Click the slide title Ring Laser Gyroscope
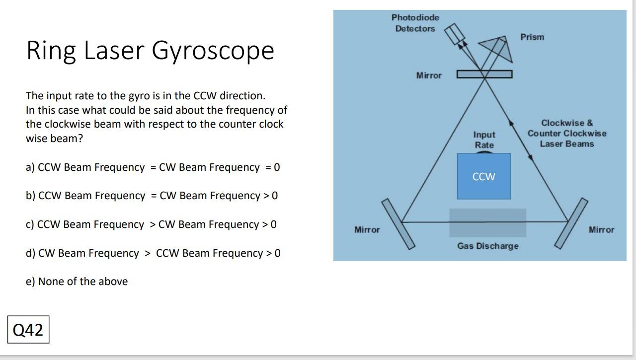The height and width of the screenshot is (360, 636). pos(150,50)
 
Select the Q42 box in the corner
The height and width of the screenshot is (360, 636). pos(28,329)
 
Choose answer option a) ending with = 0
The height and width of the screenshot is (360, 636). pos(153,167)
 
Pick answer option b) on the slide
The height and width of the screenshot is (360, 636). pos(152,196)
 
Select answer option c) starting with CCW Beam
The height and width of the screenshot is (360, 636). pos(151,224)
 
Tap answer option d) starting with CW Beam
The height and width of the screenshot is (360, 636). pos(153,253)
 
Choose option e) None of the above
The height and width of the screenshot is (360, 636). pos(77,282)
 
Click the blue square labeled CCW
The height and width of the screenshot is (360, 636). pos(483,177)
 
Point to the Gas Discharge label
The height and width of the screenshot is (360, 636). pos(487,246)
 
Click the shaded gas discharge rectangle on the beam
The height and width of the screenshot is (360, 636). pos(487,223)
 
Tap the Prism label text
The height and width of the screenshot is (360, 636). pos(532,37)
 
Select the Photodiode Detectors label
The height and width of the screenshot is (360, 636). pos(415,23)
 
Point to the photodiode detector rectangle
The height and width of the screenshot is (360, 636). pos(454,34)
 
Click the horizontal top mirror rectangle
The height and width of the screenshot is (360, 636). pos(484,74)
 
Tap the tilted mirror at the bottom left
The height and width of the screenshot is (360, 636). pos(397,224)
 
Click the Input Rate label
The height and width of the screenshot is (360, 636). pos(484,140)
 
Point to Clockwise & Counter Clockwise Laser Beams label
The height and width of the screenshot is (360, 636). pos(566,133)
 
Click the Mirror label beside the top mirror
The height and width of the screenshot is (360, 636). pos(429,75)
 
